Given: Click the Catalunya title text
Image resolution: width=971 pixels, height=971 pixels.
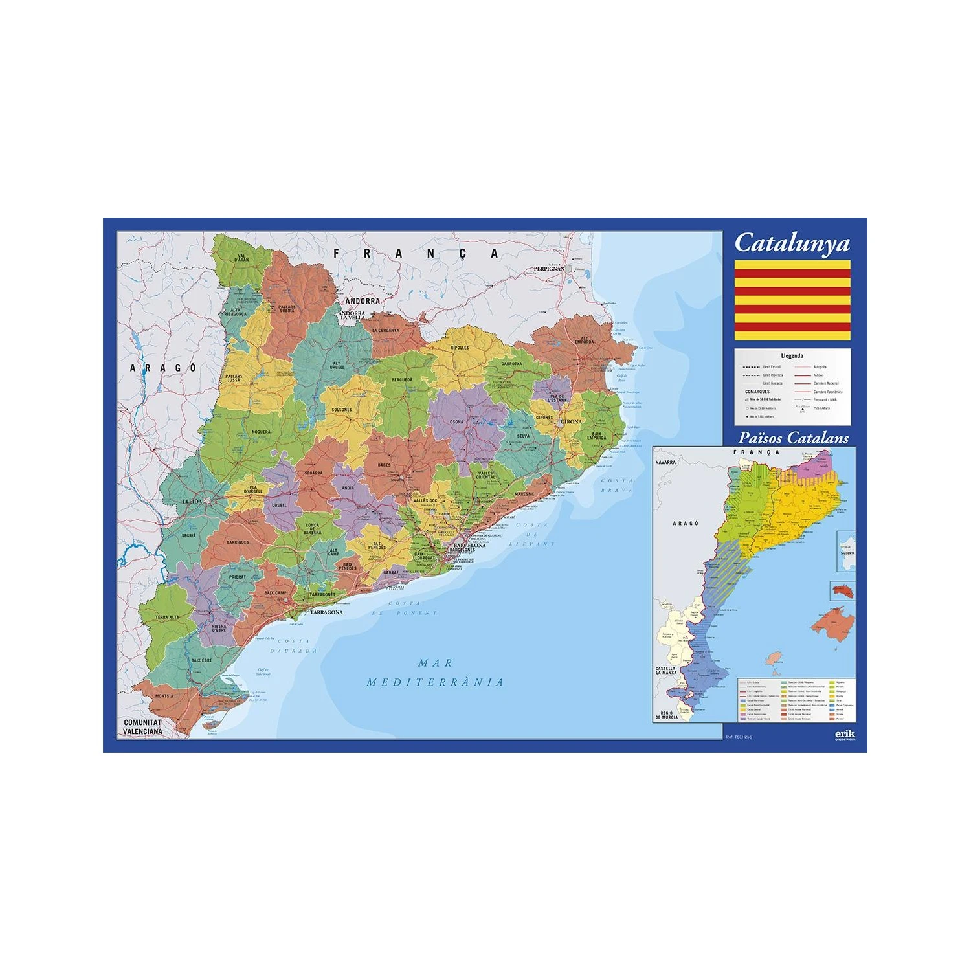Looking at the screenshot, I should (792, 243).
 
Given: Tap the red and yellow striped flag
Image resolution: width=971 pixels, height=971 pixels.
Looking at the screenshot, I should (792, 300).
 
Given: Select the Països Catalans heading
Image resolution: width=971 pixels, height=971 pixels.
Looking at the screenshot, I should (793, 438).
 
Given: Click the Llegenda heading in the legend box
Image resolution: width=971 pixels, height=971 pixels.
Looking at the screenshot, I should (792, 355).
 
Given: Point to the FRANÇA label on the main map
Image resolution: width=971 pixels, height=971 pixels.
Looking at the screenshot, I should (415, 253).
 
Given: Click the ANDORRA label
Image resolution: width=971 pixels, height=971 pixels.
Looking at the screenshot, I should (363, 301).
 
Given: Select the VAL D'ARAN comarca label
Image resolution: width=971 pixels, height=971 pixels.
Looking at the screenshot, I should (242, 258).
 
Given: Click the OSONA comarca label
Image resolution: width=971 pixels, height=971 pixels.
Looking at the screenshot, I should (456, 422).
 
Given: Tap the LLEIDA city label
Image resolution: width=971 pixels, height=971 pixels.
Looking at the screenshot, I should (192, 501).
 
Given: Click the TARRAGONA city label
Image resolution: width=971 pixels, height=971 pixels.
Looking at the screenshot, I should (326, 612).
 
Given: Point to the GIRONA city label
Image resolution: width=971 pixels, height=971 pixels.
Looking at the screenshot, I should (571, 422).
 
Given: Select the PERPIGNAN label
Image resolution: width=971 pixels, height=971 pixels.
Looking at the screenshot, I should (549, 269).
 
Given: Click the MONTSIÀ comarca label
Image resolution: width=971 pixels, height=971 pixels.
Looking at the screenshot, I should (164, 697).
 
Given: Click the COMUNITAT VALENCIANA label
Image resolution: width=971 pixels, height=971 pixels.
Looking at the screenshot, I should (143, 727).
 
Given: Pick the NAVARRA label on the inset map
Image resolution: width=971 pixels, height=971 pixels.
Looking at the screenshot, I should (665, 463).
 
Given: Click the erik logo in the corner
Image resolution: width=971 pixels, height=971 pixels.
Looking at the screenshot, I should (845, 735).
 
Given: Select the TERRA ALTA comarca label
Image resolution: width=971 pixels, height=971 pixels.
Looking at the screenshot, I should (167, 617).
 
